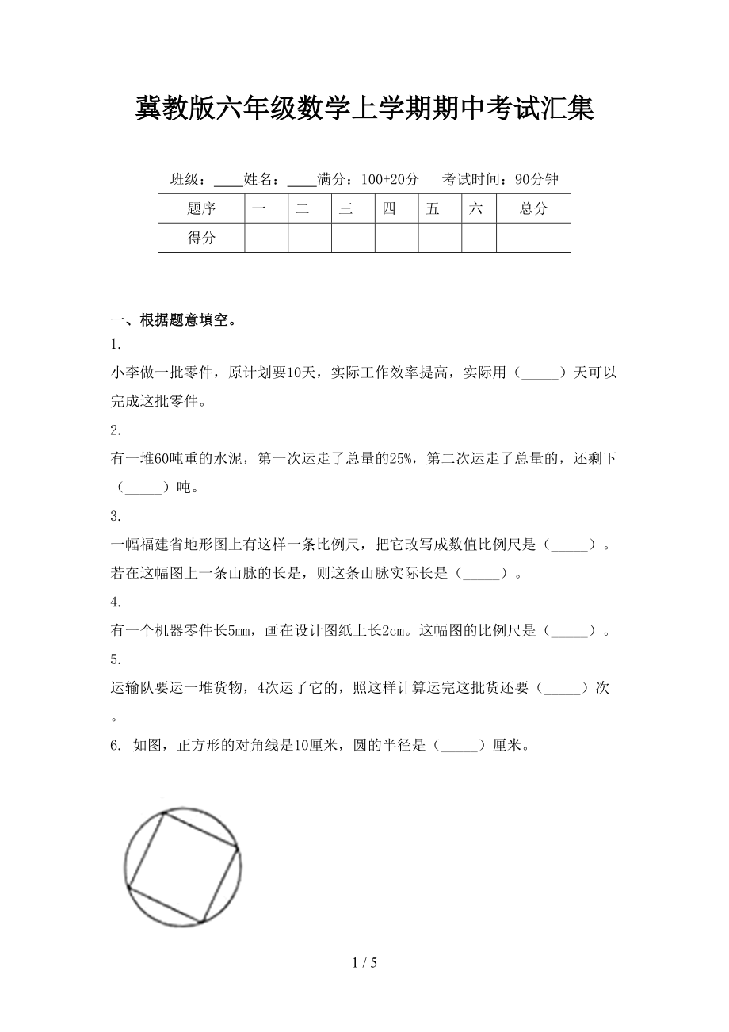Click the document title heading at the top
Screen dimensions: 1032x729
[x=364, y=109]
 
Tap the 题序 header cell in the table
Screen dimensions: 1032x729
[x=201, y=209]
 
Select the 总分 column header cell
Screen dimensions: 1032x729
[x=533, y=209]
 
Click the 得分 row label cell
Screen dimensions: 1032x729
[x=201, y=238]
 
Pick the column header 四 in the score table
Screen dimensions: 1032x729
[x=388, y=209]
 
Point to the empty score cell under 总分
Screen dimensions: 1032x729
[x=533, y=238]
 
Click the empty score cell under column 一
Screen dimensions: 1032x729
[x=266, y=238]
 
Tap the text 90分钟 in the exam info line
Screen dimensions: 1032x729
[x=536, y=179]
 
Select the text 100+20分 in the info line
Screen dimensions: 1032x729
[x=390, y=179]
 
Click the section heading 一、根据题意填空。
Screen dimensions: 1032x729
[x=173, y=321]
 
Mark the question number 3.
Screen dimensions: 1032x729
[x=116, y=516]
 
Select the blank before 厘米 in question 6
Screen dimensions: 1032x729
[x=459, y=746]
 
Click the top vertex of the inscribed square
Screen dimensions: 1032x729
[x=163, y=812]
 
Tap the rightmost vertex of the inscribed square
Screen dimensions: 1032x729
[x=237, y=848]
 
